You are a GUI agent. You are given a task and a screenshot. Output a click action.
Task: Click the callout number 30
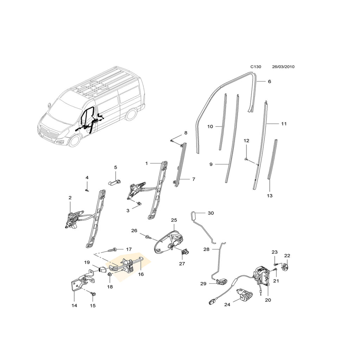pos(211,213)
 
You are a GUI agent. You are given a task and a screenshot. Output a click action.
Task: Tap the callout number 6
pos(270,82)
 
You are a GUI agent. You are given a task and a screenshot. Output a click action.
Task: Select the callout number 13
pos(270,195)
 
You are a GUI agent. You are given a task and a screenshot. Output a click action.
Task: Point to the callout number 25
pos(174,220)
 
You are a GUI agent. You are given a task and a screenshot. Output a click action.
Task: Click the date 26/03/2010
pos(283,66)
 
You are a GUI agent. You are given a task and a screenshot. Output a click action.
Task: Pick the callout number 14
pos(74,306)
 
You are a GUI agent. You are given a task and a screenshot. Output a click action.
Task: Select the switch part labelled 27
pos(184,251)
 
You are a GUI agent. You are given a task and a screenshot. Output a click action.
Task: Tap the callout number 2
pos(70,198)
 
